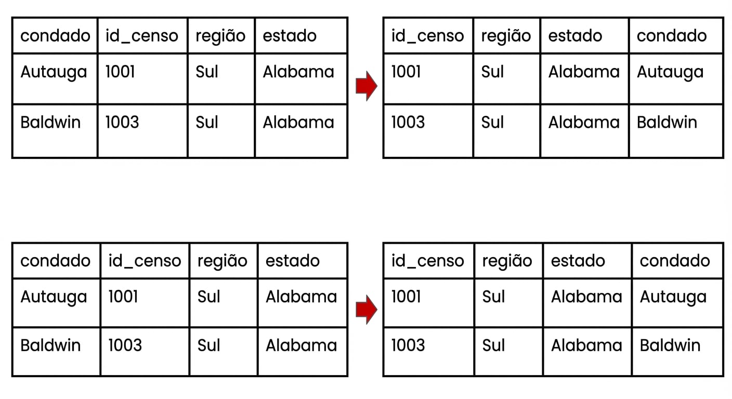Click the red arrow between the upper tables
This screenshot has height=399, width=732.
tap(367, 86)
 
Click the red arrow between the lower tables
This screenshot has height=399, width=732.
tap(367, 310)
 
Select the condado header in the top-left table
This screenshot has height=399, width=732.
tap(55, 36)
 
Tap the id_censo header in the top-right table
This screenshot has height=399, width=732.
tap(427, 36)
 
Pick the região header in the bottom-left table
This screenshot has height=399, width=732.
tap(222, 261)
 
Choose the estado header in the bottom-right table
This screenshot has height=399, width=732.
tap(578, 261)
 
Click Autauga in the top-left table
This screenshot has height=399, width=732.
tap(54, 73)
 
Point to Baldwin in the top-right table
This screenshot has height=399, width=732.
tap(666, 122)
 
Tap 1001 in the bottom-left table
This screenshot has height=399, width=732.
tap(123, 297)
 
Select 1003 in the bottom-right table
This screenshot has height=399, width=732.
tap(408, 345)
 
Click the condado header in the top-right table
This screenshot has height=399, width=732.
tap(672, 36)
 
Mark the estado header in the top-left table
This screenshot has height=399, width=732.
tap(290, 36)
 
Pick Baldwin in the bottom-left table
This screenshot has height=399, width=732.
tap(50, 345)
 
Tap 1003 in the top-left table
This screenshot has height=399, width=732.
tap(122, 122)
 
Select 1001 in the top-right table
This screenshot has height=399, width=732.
tap(406, 72)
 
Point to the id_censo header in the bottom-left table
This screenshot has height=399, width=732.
tap(145, 261)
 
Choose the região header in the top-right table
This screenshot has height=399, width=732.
tap(506, 36)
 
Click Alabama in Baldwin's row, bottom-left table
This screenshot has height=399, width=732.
tap(301, 345)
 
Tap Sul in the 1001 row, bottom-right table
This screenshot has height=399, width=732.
tap(493, 297)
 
